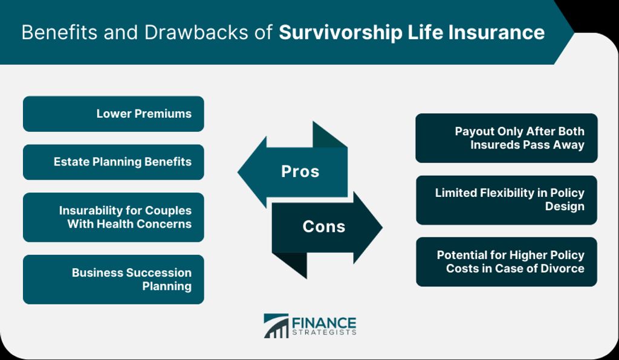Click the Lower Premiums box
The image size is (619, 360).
113,114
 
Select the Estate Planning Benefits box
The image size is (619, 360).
113,162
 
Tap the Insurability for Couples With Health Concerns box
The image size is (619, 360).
113,217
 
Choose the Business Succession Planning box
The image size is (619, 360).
113,279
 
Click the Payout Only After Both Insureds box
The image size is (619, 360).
507,138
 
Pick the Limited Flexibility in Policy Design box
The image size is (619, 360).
507,200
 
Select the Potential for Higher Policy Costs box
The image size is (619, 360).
507,262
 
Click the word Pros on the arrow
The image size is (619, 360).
300,172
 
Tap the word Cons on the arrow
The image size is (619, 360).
324,227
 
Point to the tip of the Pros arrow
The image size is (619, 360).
238,172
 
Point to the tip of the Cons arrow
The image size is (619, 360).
383,227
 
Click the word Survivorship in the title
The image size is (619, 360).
340,33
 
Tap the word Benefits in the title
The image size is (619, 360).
60,33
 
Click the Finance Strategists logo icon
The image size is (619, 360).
276,326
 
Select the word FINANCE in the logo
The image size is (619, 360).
324,323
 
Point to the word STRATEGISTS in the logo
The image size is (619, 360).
324,332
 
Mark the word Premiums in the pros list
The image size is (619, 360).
163,114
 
